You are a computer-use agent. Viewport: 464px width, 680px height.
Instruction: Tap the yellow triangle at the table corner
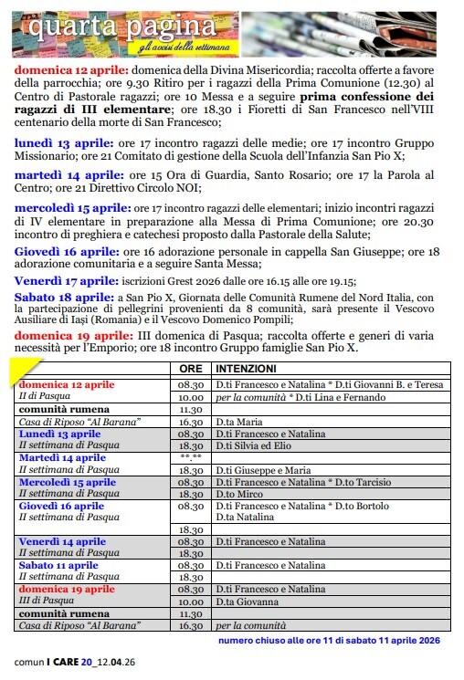tap(19, 370)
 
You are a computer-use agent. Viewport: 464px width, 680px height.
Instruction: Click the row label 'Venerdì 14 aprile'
tap(62, 541)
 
